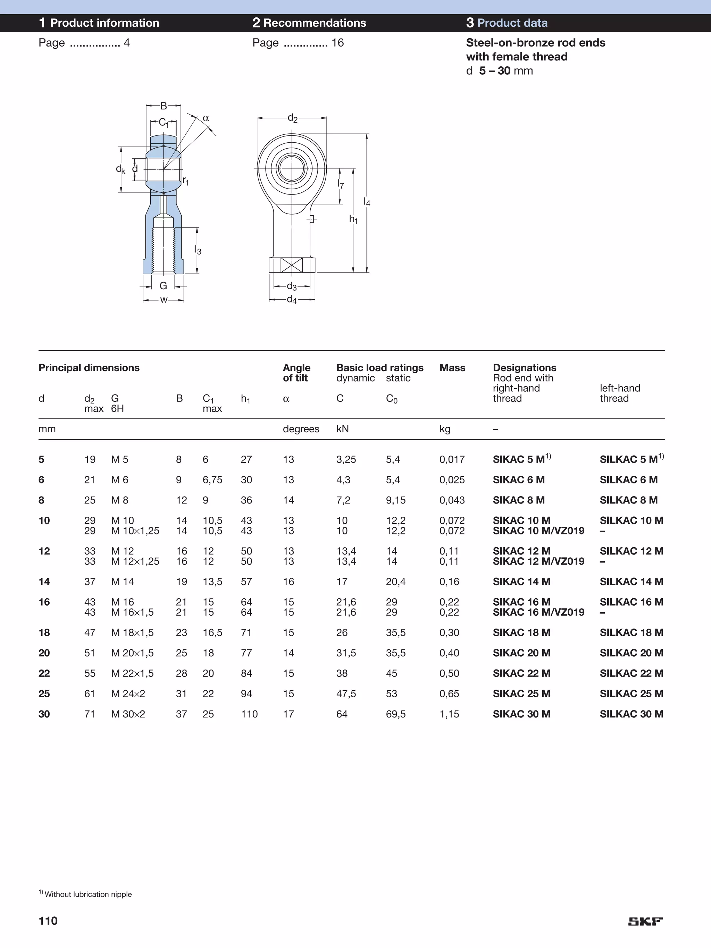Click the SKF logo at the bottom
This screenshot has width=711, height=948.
tap(645, 921)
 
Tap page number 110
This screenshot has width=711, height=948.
tap(48, 921)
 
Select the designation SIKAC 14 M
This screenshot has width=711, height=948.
tap(521, 582)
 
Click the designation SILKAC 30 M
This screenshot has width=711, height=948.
tap(631, 714)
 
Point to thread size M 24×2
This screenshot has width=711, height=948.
tap(128, 693)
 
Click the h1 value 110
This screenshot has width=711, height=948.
tap(249, 714)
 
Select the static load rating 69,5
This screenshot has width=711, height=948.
tap(395, 714)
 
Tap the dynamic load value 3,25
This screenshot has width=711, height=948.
tap(346, 459)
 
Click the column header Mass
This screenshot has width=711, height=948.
tap(452, 368)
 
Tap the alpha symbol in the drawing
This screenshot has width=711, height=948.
tap(206, 118)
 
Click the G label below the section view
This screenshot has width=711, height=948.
tap(163, 286)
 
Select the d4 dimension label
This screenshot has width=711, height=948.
tap(291, 300)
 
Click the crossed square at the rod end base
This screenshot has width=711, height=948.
tap(291, 265)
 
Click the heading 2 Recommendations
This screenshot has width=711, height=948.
tap(309, 23)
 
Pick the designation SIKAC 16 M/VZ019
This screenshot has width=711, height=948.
tap(538, 612)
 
